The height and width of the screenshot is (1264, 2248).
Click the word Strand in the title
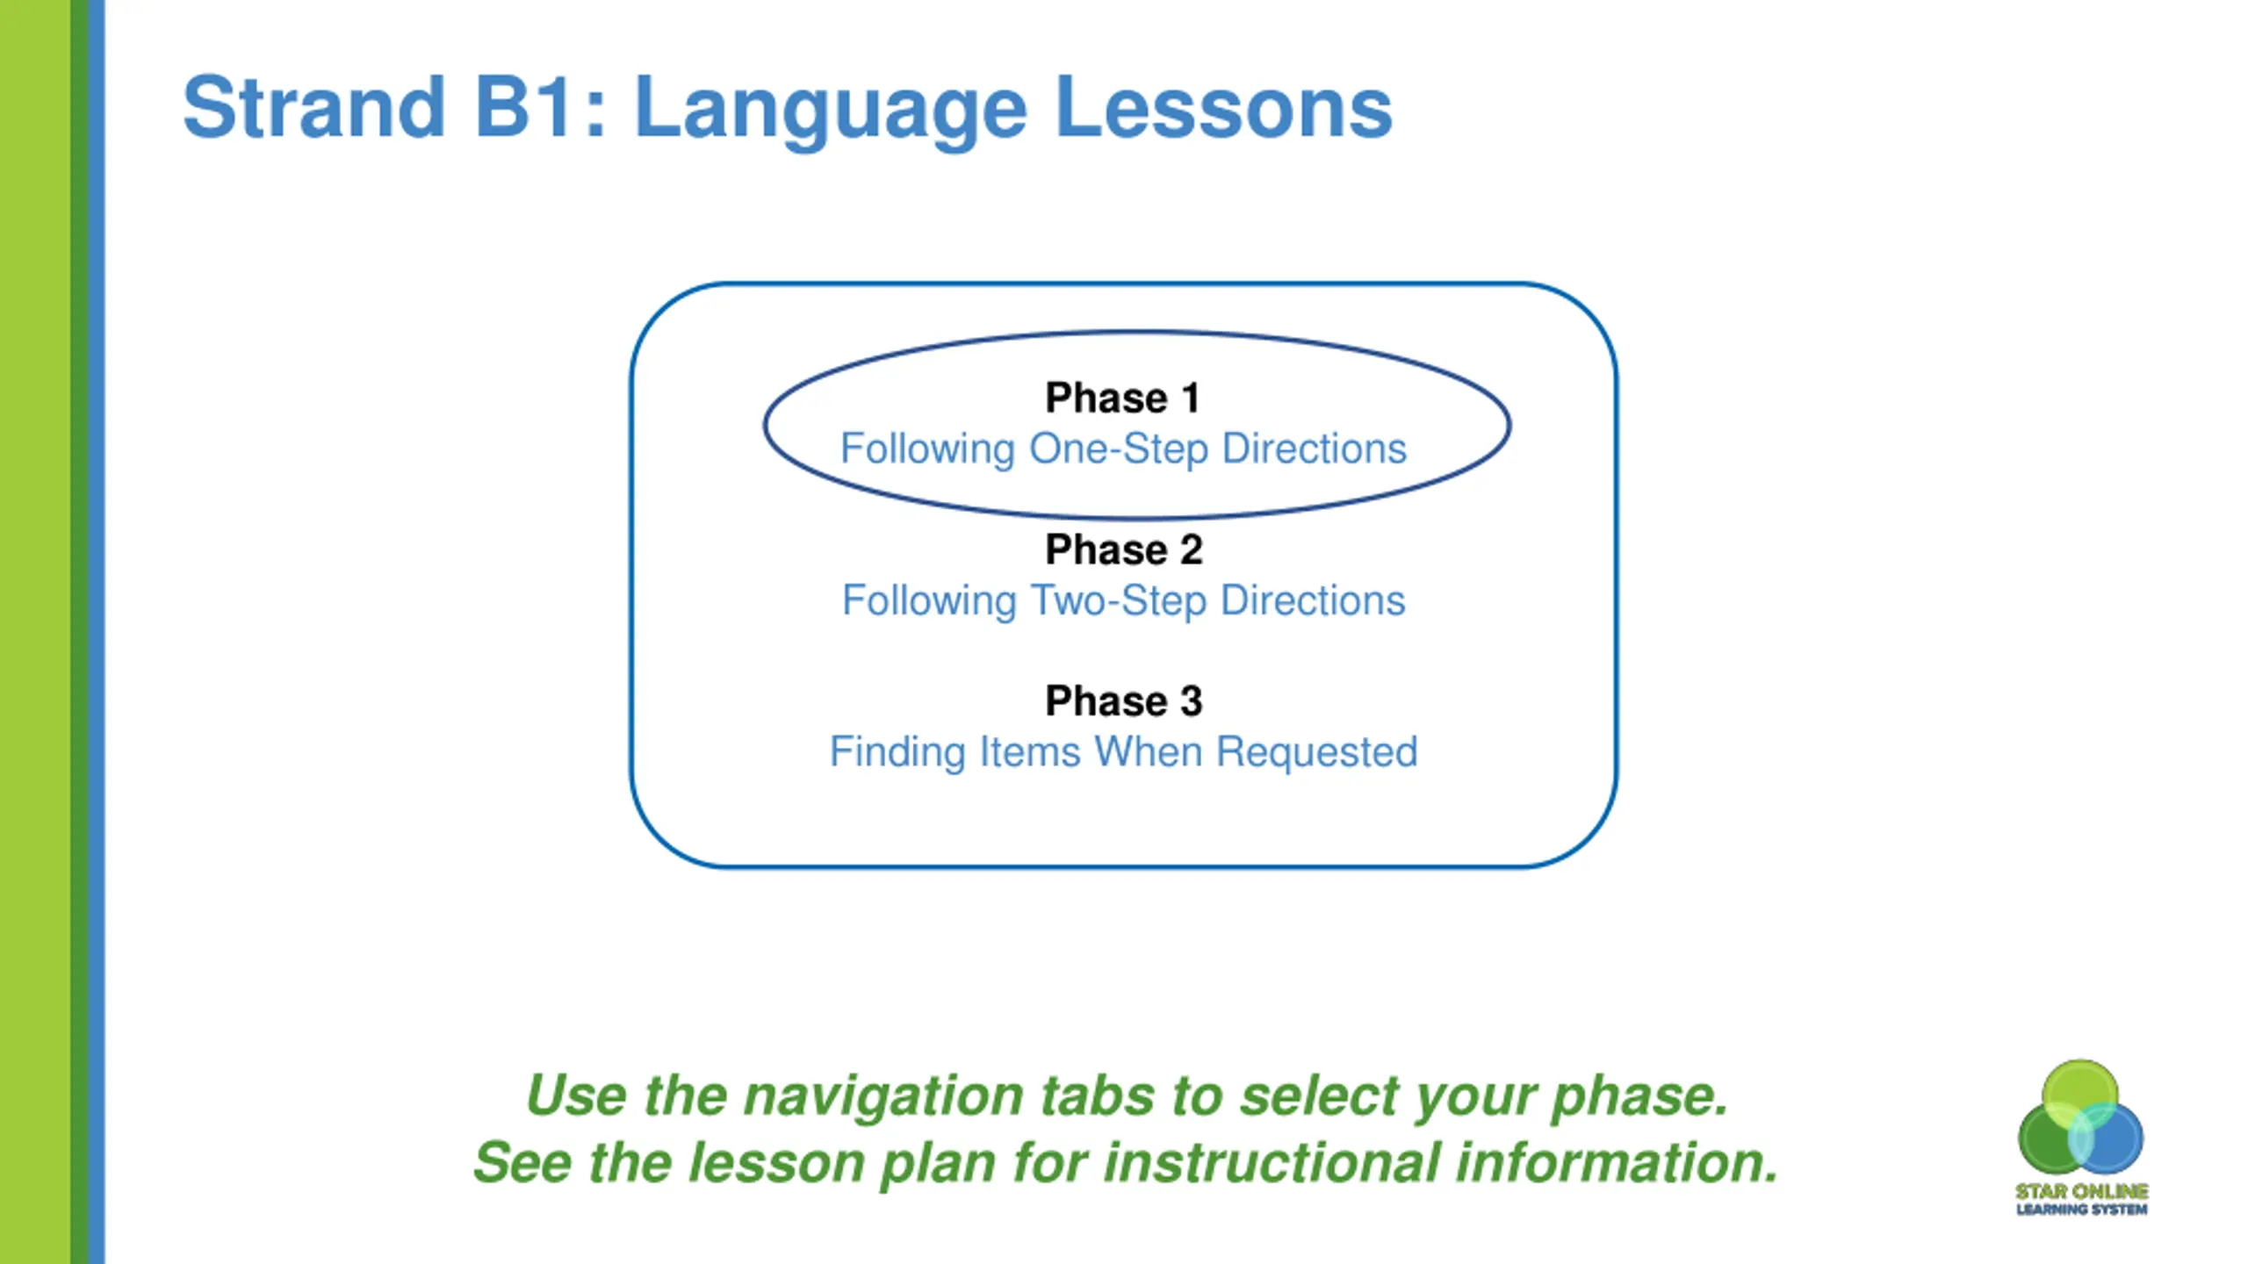point(313,107)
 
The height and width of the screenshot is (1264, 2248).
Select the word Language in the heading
point(831,112)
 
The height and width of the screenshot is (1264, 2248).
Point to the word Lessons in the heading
point(1224,107)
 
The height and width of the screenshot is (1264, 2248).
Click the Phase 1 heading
point(1122,398)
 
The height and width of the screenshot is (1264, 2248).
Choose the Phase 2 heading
point(1123,549)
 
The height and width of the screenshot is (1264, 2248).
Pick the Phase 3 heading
point(1123,700)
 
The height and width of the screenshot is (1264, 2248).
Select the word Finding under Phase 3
point(897,753)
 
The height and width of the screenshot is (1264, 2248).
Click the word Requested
point(1316,752)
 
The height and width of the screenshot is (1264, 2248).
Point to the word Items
point(1029,752)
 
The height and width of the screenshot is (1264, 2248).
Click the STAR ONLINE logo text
point(2081,1191)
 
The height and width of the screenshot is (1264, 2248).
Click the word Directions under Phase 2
point(1313,601)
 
